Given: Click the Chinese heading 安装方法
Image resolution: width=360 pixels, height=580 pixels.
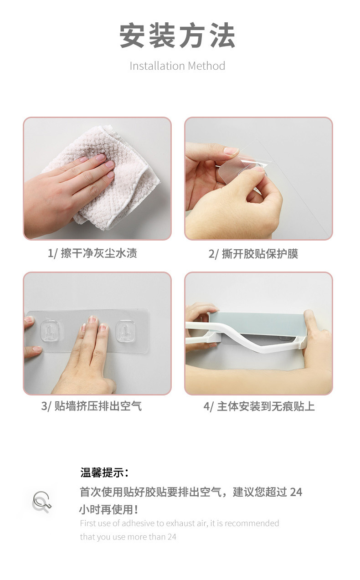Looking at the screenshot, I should pyautogui.click(x=177, y=36).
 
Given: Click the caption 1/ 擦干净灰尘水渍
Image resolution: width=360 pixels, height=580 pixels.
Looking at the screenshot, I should pyautogui.click(x=93, y=253).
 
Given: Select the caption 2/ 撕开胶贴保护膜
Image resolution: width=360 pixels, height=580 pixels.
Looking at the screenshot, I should pyautogui.click(x=253, y=254).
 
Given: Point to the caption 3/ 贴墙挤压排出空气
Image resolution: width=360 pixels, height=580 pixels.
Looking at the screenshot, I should pyautogui.click(x=92, y=406).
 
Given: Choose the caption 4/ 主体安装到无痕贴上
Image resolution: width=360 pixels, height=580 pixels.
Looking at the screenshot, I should pyautogui.click(x=259, y=406).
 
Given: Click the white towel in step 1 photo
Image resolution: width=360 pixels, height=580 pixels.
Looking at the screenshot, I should pyautogui.click(x=118, y=191).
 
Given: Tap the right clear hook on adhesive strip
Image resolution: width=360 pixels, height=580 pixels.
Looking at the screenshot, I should pyautogui.click(x=124, y=329).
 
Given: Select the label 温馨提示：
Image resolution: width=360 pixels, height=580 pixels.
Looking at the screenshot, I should pyautogui.click(x=104, y=472).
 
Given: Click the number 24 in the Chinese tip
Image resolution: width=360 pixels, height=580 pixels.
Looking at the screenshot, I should pyautogui.click(x=296, y=492).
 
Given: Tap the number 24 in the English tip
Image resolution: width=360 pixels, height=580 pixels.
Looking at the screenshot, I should pyautogui.click(x=171, y=537).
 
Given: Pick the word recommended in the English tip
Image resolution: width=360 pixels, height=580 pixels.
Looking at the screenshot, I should pyautogui.click(x=252, y=523).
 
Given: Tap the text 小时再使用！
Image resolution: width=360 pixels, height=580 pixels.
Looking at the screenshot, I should pyautogui.click(x=109, y=509).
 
